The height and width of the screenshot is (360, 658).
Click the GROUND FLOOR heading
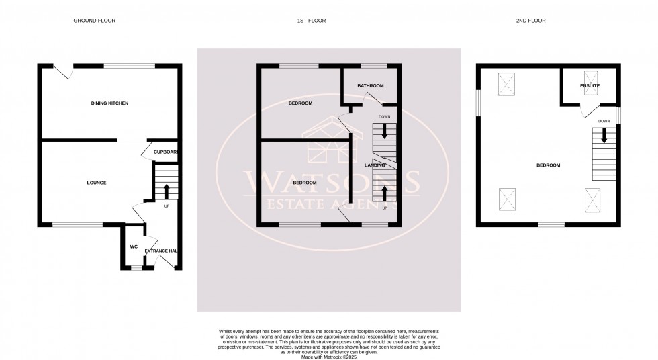(x=94, y=21)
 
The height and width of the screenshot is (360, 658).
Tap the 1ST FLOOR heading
(x=312, y=21)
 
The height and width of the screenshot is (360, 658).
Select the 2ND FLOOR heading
(x=530, y=21)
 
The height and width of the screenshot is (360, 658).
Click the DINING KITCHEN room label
(x=109, y=103)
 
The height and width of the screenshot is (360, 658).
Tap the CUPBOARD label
(x=166, y=152)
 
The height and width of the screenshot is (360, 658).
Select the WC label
(x=134, y=247)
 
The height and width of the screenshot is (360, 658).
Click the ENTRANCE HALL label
(x=161, y=251)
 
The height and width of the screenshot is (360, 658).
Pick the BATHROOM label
(x=370, y=86)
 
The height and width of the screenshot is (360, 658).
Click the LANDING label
(x=374, y=165)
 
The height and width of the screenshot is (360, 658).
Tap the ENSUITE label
(x=590, y=86)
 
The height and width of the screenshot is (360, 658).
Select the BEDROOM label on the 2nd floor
(x=548, y=165)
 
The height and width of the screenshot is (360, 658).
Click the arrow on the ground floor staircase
(x=167, y=187)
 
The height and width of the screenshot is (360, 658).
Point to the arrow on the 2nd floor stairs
(x=604, y=136)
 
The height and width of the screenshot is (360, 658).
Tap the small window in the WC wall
(x=136, y=268)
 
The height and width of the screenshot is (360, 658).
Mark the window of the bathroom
(x=373, y=65)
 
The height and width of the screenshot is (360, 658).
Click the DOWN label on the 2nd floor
(x=604, y=121)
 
